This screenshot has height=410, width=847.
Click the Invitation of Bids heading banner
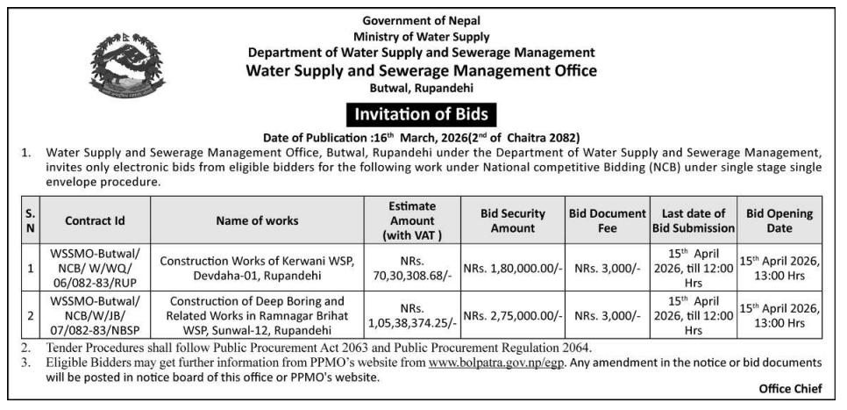422,114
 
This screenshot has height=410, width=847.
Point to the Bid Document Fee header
608,220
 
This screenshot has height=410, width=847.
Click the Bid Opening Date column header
779,220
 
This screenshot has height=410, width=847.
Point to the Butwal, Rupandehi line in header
422,88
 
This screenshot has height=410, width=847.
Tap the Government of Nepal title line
422,20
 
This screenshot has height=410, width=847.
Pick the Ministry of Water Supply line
422,36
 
